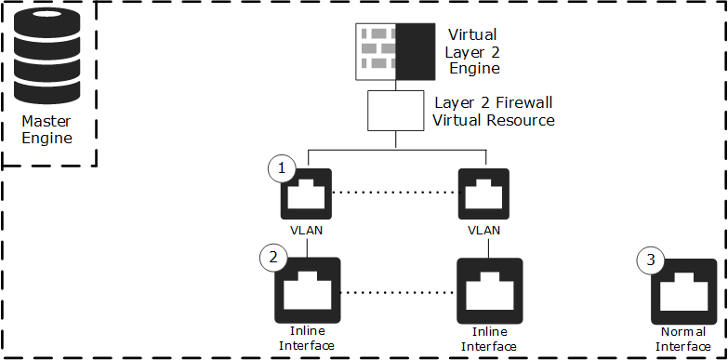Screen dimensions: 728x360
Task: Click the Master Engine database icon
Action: click(x=46, y=57)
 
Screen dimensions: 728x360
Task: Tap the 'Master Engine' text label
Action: click(x=46, y=129)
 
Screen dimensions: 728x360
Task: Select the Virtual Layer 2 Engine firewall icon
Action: click(x=395, y=51)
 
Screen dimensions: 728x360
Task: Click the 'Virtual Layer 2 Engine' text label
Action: click(x=472, y=51)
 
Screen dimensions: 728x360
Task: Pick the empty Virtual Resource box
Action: click(x=395, y=111)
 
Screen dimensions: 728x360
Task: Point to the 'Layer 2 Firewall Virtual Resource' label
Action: click(x=494, y=111)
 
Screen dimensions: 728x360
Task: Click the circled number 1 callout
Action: click(x=282, y=169)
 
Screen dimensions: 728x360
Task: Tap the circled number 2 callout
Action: click(x=273, y=257)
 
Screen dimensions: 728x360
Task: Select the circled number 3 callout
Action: click(x=651, y=260)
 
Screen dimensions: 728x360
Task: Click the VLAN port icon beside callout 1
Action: click(x=306, y=193)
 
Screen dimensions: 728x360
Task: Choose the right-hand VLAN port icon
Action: click(x=483, y=193)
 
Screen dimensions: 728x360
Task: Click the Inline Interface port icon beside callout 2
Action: click(x=308, y=290)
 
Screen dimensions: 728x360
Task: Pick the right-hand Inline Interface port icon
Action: click(x=489, y=291)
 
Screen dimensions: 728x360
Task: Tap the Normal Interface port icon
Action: click(x=683, y=292)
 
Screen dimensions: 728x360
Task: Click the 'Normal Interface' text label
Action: click(x=683, y=340)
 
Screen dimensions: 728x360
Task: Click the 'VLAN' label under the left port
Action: click(x=306, y=230)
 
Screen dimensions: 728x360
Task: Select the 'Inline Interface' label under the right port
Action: click(x=488, y=340)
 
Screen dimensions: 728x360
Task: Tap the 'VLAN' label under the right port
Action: click(x=483, y=230)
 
